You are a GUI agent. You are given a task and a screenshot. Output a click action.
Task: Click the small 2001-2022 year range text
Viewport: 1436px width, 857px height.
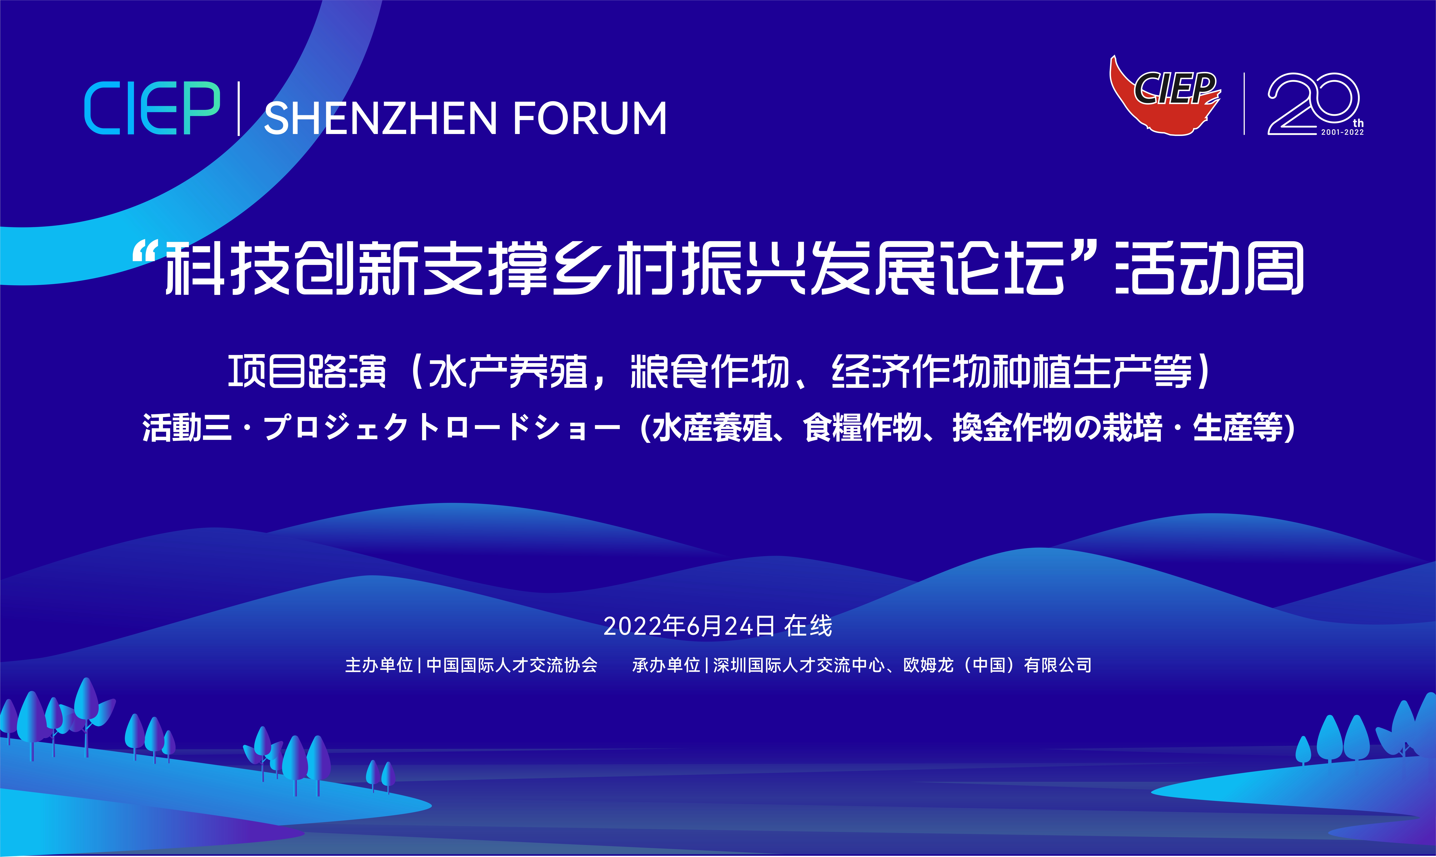1343,132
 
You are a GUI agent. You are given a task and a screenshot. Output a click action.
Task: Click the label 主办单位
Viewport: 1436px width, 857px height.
379,665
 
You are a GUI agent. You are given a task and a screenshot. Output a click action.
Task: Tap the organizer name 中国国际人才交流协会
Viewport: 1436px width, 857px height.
512,665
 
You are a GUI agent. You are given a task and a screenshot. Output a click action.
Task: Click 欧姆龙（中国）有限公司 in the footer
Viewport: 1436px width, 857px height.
997,665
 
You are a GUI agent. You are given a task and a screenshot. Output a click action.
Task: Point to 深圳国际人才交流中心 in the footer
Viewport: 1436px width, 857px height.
798,665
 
